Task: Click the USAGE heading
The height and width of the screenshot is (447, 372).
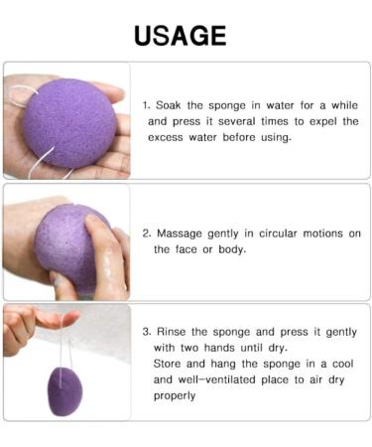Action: click(180, 36)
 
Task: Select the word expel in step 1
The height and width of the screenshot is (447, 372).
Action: click(302, 121)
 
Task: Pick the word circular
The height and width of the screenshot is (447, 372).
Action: click(273, 233)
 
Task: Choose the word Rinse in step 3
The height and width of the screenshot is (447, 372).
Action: click(173, 331)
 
